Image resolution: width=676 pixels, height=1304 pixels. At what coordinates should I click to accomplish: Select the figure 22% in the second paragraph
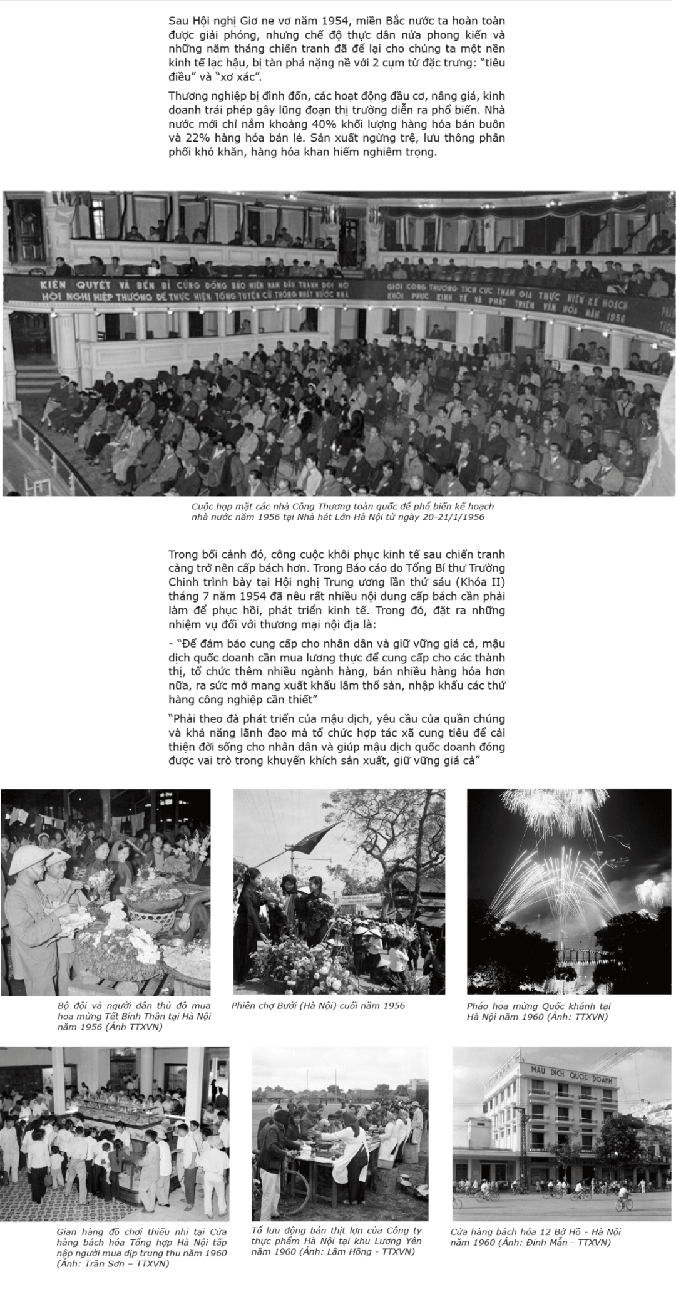[x=198, y=138]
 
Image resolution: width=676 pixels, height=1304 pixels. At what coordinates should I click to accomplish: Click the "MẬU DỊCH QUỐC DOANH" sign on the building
[x=570, y=1077]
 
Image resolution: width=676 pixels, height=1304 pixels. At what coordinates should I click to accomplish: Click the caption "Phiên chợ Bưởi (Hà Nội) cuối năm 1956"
[x=318, y=1006]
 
